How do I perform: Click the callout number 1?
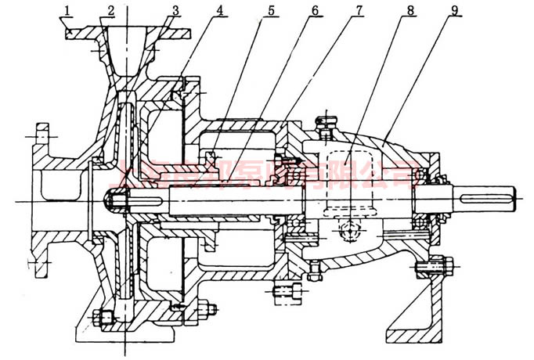(69, 11)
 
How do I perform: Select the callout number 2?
(112, 11)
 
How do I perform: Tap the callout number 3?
(175, 11)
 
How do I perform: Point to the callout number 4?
(221, 11)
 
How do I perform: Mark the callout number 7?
(359, 11)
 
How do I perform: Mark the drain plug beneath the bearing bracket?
(316, 270)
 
